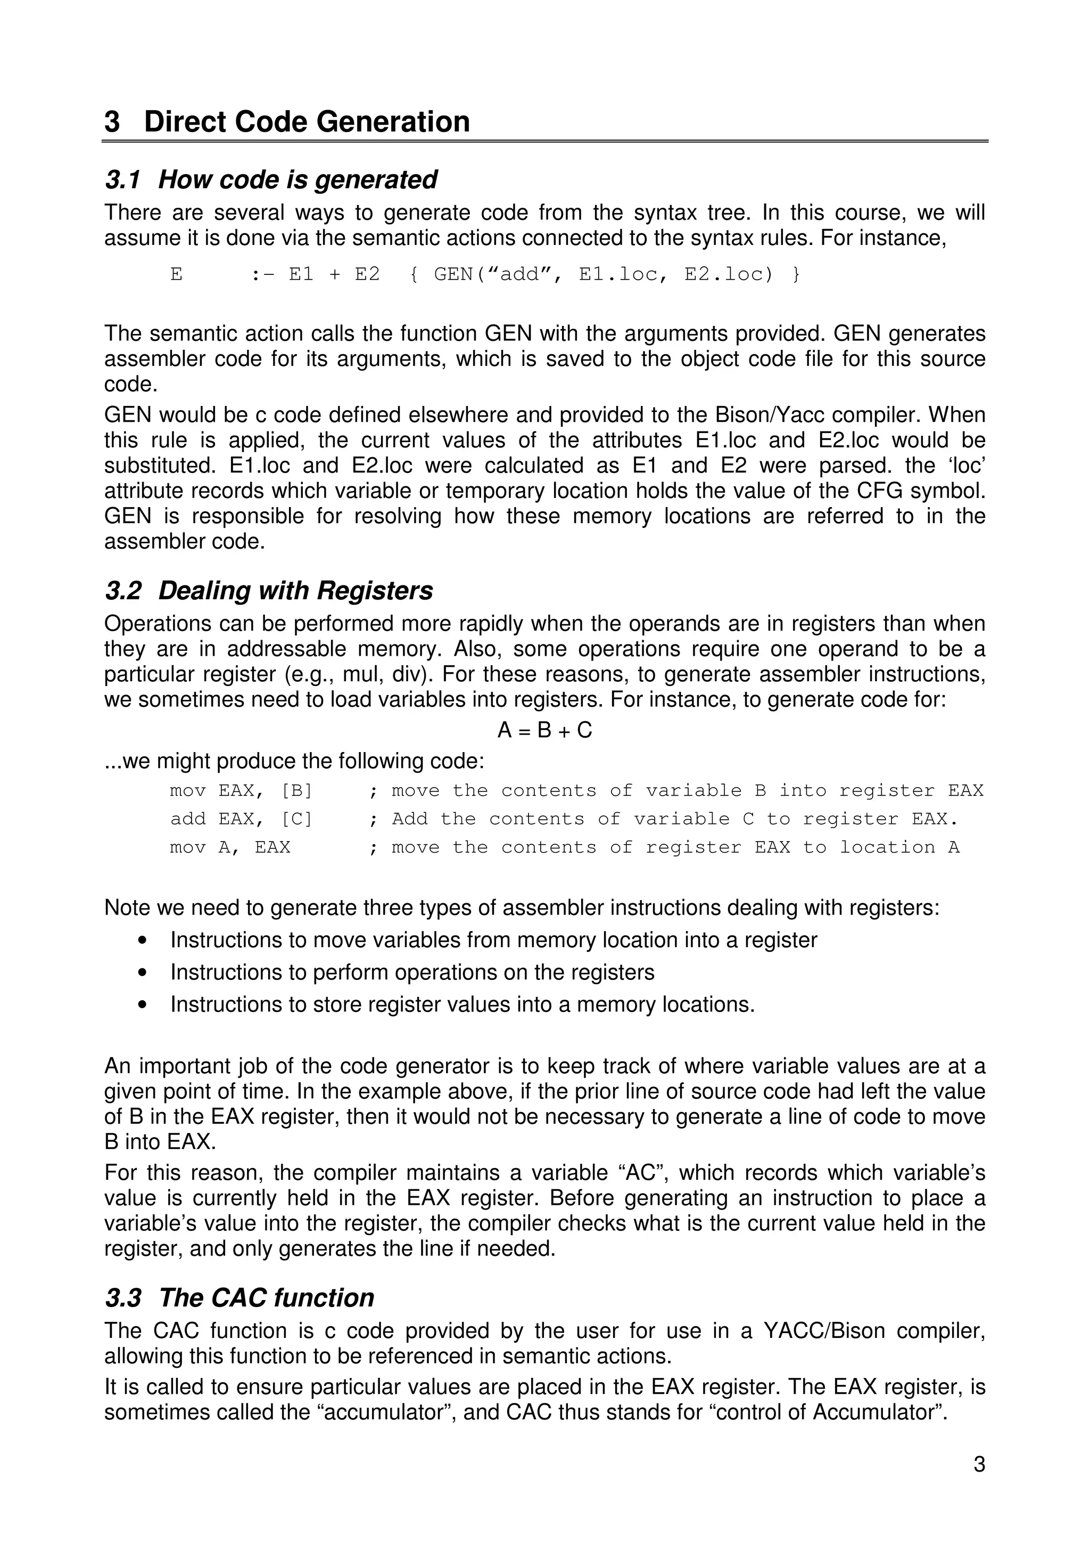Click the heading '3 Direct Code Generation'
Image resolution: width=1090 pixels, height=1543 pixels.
[287, 121]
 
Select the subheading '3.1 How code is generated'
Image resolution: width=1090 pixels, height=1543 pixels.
[271, 179]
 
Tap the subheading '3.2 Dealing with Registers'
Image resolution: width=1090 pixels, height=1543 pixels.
[269, 591]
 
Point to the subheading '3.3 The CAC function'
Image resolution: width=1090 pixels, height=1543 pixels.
[239, 1297]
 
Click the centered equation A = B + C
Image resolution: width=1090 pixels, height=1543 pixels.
[544, 730]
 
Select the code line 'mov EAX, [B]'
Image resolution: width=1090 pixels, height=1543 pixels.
[241, 790]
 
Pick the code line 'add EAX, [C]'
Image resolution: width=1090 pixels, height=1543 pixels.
[241, 819]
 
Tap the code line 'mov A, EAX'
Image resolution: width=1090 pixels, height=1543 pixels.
[230, 847]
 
